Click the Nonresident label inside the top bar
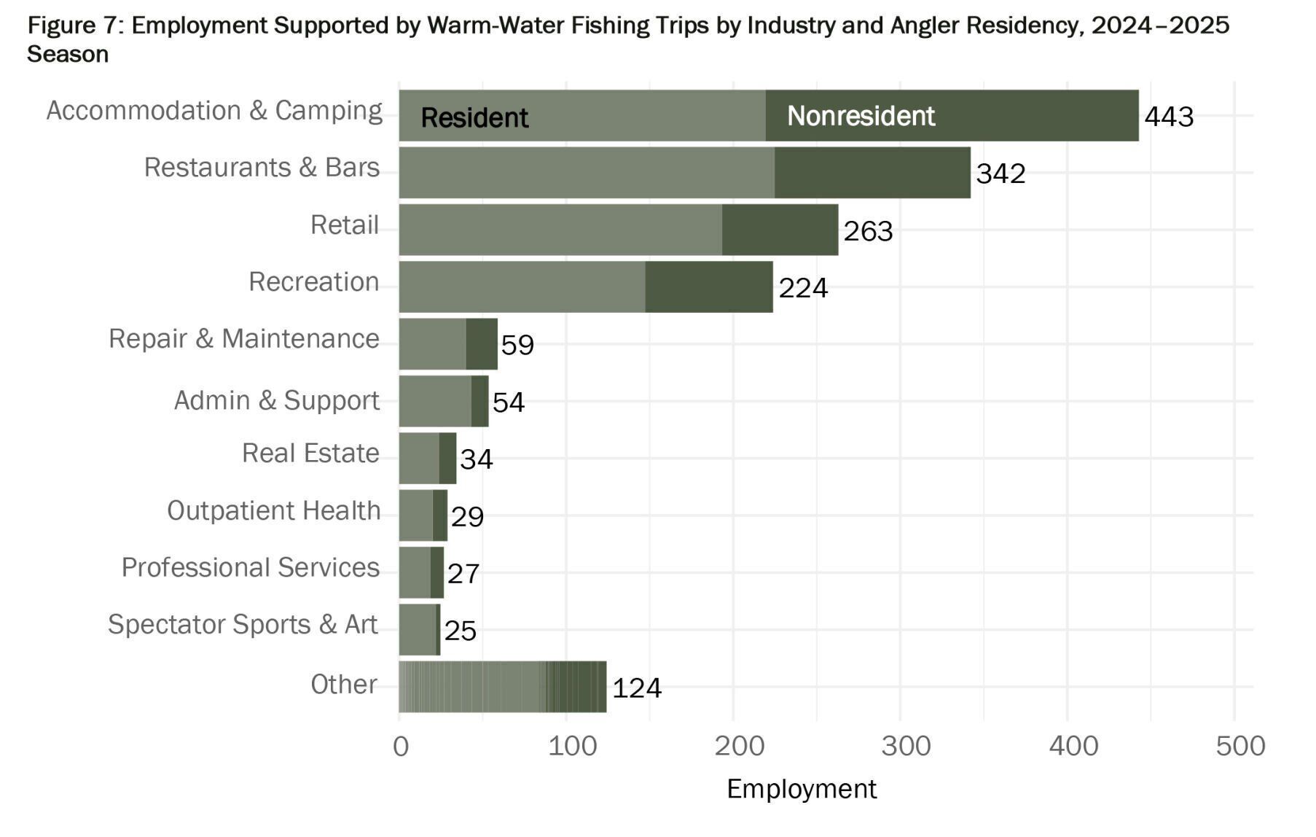pos(861,116)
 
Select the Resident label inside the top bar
pos(474,117)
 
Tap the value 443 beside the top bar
pos(1169,117)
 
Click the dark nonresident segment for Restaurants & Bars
pos(872,173)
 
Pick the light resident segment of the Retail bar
pos(560,230)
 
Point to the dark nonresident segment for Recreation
pos(708,287)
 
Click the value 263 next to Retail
pos(868,231)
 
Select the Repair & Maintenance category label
pos(243,339)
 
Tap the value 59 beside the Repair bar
pos(517,345)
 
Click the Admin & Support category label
pos(276,400)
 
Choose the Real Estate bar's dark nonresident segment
pos(447,459)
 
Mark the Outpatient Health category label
pos(273,510)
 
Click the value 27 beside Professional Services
pos(463,574)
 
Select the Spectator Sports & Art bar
pos(419,630)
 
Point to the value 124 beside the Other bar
pos(636,688)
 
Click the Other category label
pos(343,684)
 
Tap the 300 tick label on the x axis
pos(906,746)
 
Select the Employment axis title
pos(802,789)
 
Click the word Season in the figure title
pos(68,55)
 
